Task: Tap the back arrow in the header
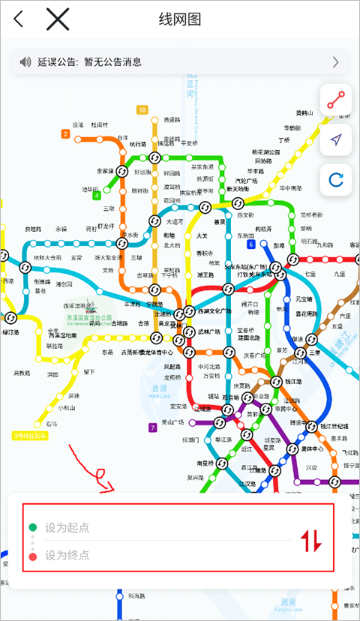pos(19,19)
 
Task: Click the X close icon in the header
pos(58,19)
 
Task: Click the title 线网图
pos(180,19)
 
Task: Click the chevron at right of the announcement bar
pos(335,62)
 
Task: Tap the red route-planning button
pos(336,100)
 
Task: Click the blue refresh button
pos(336,178)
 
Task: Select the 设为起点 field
pos(67,527)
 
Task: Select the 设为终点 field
pos(67,556)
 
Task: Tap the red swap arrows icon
pos(311,541)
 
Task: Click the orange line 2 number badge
pos(66,134)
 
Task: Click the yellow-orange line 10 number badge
pos(142,110)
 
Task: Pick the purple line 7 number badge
pos(153,427)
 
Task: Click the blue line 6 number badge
pos(250,244)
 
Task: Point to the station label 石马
pos(51,424)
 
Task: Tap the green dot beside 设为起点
pos(33,527)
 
